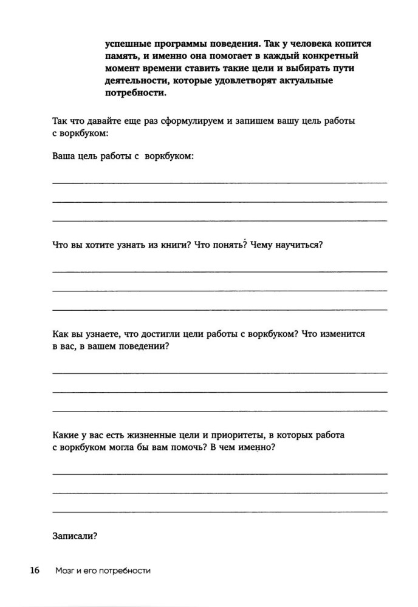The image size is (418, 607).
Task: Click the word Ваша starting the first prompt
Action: point(64,156)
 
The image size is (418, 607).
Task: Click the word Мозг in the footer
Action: point(66,571)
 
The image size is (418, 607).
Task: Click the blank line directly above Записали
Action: point(220,513)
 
